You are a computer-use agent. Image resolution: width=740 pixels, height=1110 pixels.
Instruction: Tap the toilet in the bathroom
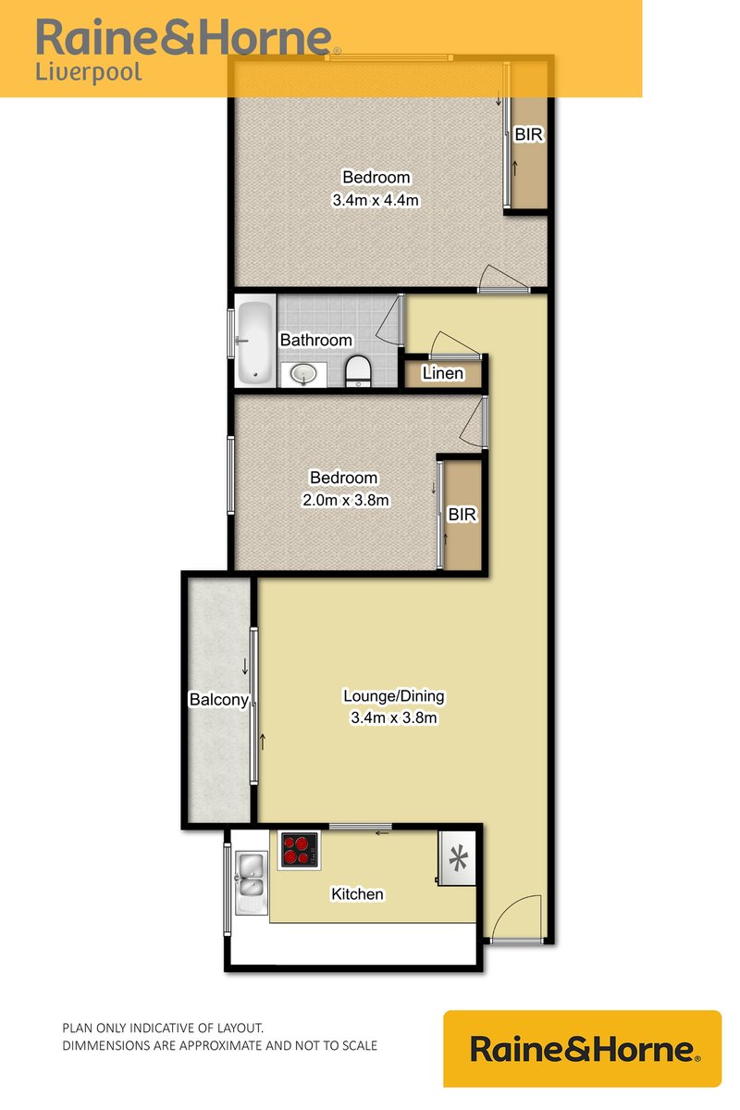pos(357,371)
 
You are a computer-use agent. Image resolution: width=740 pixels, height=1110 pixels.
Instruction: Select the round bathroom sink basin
pos(303,373)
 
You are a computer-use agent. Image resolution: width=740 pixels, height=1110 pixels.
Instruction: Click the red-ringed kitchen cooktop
pos(299,849)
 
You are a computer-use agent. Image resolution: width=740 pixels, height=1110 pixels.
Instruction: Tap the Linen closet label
pos(442,373)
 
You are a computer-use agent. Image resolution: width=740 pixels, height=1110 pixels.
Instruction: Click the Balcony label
pos(218,700)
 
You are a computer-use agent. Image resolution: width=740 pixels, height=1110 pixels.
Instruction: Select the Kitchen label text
pos(357,894)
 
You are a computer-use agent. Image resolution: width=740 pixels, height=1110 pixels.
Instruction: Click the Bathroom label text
pos(315,340)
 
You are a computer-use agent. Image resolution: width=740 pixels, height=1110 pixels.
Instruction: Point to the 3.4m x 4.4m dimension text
pos(376,199)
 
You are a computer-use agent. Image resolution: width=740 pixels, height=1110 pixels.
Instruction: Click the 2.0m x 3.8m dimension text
pos(343,500)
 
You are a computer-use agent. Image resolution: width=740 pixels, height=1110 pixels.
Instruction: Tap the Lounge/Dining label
pos(394,696)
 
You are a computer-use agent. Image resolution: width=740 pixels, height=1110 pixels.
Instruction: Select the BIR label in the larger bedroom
pos(529,135)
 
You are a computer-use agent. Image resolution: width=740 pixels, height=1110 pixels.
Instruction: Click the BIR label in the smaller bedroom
pos(462,515)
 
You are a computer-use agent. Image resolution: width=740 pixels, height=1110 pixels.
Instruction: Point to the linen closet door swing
pos(452,343)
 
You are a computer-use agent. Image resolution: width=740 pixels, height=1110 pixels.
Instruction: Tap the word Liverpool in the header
pos(89,72)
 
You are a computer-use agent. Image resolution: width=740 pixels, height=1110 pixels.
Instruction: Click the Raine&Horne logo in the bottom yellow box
pos(583,1049)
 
